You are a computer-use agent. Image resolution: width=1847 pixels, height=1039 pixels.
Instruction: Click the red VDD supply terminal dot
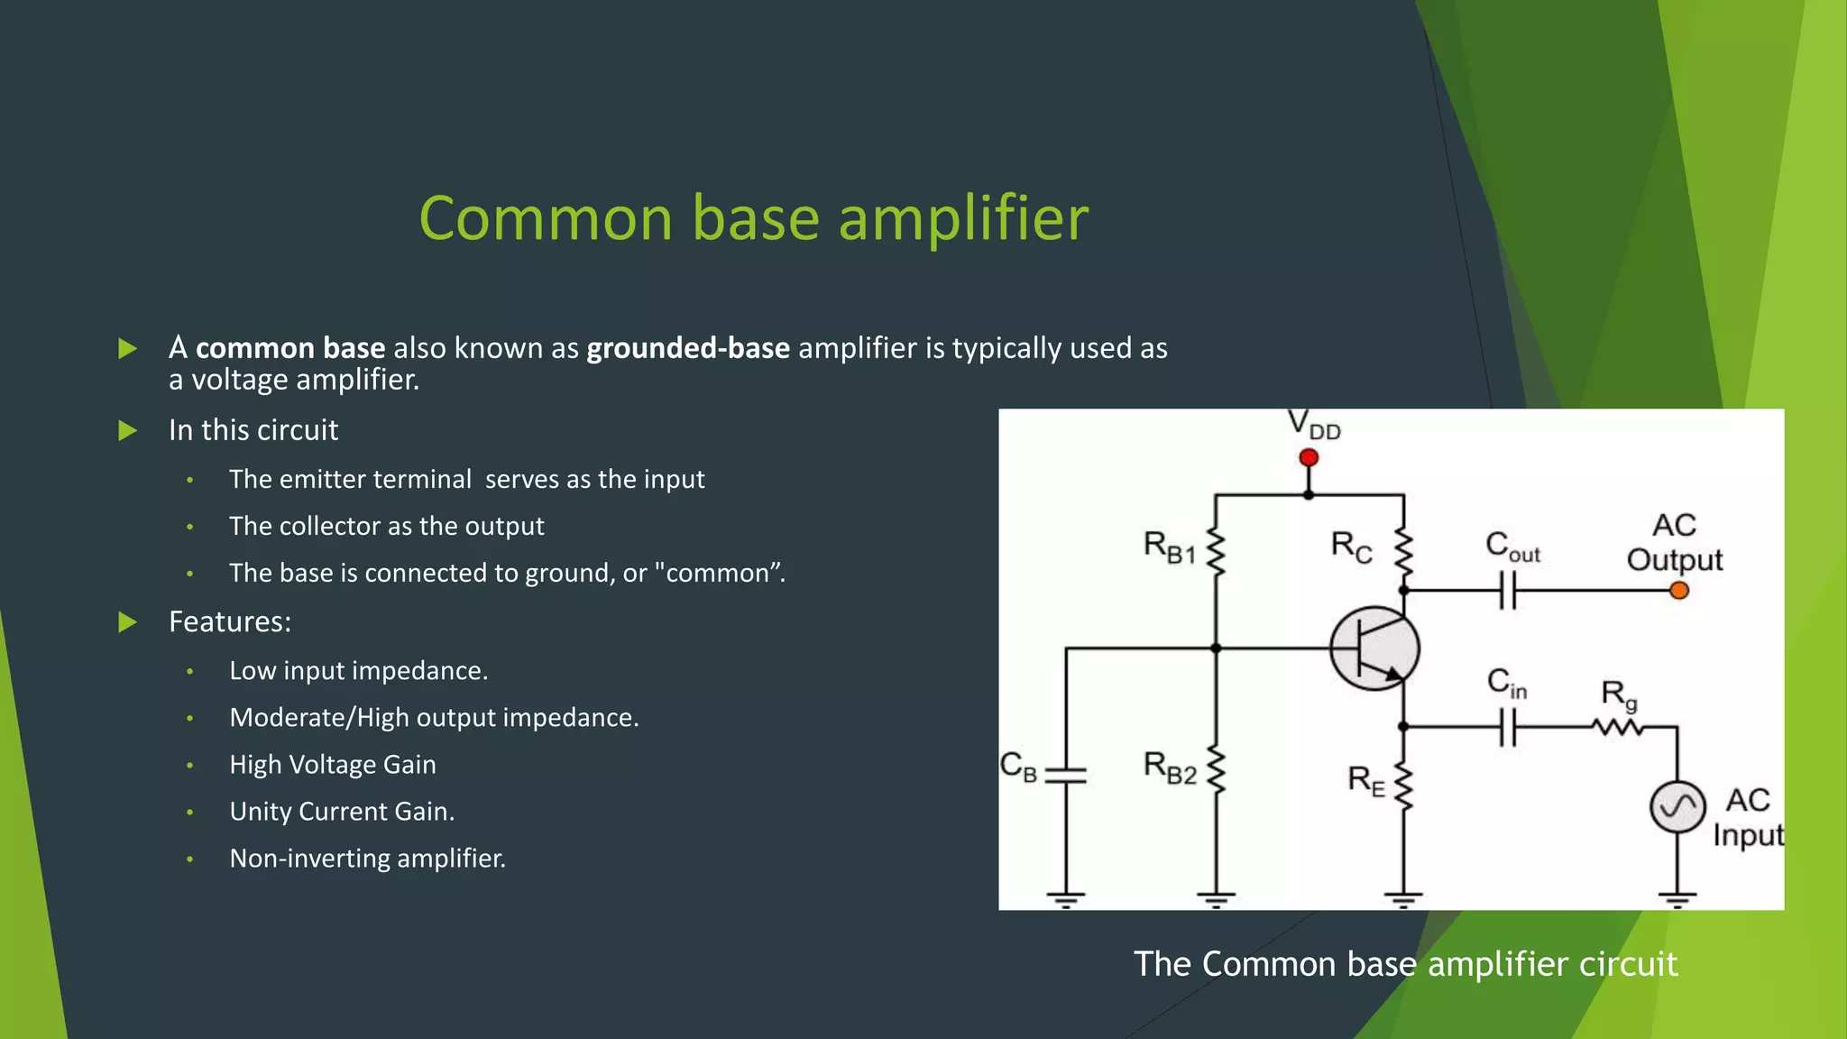pyautogui.click(x=1309, y=458)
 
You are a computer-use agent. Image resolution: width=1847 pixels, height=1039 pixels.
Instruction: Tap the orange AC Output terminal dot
pyautogui.click(x=1678, y=591)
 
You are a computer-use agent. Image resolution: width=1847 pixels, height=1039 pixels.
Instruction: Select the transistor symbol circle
pyautogui.click(x=1374, y=648)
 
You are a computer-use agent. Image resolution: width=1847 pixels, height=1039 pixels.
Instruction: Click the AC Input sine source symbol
pyautogui.click(x=1677, y=807)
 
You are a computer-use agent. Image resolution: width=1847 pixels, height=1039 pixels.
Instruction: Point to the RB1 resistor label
pyautogui.click(x=1169, y=547)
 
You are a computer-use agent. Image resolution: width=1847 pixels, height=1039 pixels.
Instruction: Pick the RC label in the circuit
pyautogui.click(x=1351, y=546)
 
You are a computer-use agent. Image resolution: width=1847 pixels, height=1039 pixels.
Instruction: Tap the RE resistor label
pyautogui.click(x=1365, y=780)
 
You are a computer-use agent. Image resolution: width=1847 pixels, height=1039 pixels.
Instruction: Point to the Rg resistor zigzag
pyautogui.click(x=1619, y=727)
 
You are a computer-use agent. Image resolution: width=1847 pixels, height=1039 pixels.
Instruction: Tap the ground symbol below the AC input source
pyautogui.click(x=1677, y=898)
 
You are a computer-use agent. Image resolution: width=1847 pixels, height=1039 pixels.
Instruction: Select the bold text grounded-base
pyautogui.click(x=688, y=348)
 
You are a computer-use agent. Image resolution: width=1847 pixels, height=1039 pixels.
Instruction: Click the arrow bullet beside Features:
pyautogui.click(x=128, y=622)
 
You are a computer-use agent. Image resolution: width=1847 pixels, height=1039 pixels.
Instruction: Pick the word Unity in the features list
pyautogui.click(x=260, y=812)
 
